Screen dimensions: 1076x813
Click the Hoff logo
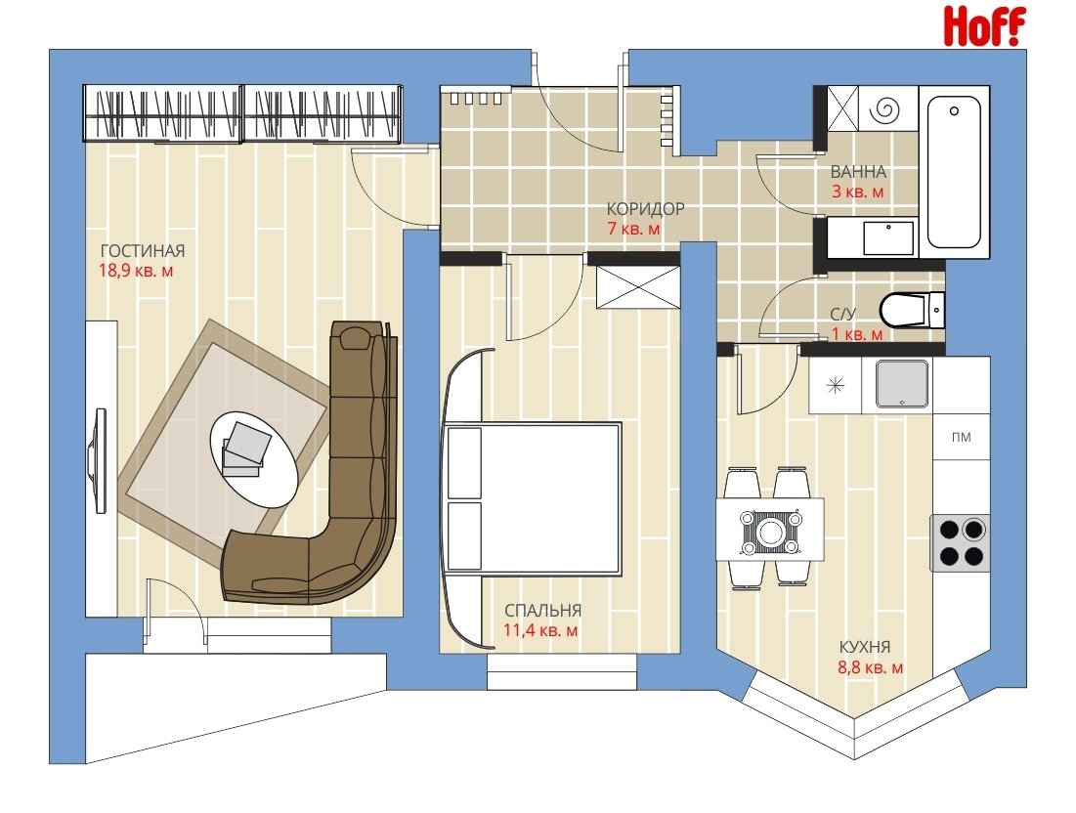pyautogui.click(x=985, y=26)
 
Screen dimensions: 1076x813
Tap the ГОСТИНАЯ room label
pyautogui.click(x=143, y=250)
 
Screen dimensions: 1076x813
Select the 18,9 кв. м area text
pyautogui.click(x=136, y=271)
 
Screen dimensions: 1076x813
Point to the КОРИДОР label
pyautogui.click(x=645, y=208)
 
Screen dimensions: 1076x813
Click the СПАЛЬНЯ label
pyautogui.click(x=542, y=610)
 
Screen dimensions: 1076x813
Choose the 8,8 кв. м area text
pyautogui.click(x=870, y=666)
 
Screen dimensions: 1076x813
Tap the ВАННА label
pyautogui.click(x=858, y=172)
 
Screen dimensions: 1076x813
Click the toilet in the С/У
pyautogui.click(x=912, y=310)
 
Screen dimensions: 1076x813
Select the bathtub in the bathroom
pyautogui.click(x=954, y=172)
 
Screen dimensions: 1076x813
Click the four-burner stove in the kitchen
pyautogui.click(x=961, y=542)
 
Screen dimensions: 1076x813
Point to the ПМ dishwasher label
pyautogui.click(x=962, y=437)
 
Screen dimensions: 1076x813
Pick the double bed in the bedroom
pyautogui.click(x=533, y=497)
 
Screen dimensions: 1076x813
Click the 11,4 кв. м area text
pyautogui.click(x=540, y=630)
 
